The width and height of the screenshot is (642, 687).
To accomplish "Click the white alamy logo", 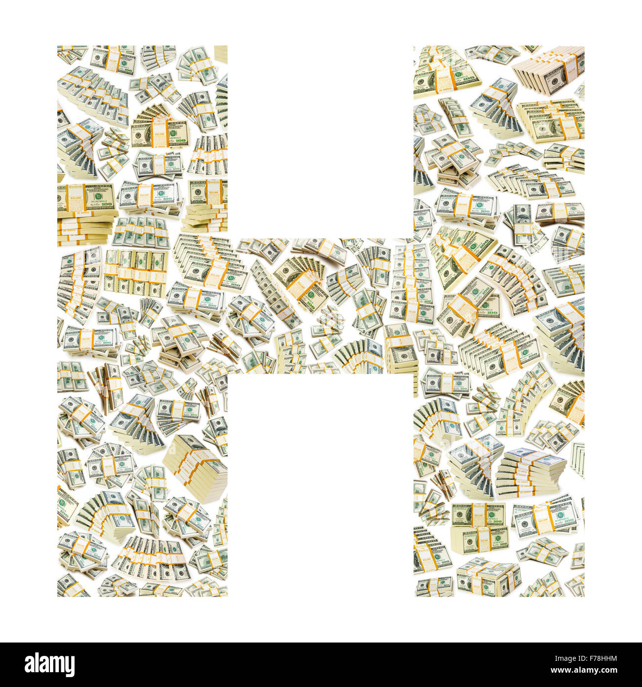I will [43, 665].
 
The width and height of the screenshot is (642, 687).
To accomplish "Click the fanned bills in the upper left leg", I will [157, 126].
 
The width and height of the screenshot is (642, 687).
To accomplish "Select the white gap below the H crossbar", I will [320, 484].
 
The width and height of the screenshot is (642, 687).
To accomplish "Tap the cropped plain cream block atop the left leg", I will [221, 54].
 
